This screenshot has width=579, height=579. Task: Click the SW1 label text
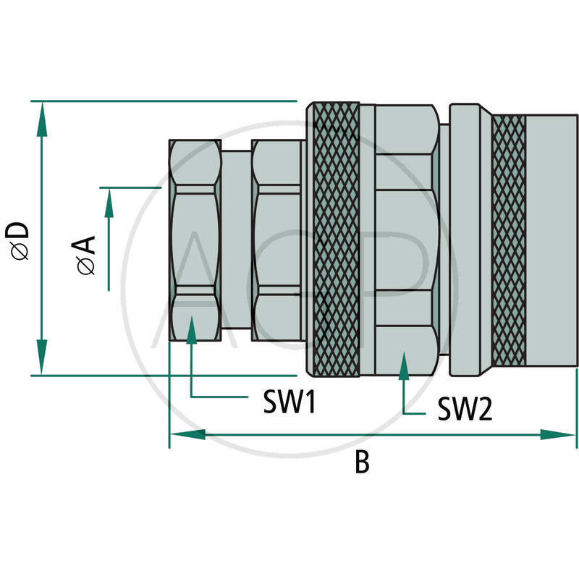coord(289,402)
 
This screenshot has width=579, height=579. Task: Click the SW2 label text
coord(465,409)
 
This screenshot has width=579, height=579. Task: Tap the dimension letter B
coord(362,462)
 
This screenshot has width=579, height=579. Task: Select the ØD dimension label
coord(17,241)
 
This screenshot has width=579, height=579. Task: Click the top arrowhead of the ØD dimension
coord(42,119)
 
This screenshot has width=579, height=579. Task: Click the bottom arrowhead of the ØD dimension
coord(42,357)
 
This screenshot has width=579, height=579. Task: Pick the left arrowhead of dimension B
coord(187,435)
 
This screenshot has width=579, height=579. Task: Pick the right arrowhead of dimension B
coord(557,435)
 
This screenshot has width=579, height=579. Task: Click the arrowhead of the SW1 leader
coord(191,330)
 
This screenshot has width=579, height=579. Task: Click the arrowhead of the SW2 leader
coord(404,365)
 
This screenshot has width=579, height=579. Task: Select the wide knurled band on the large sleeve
coord(336,240)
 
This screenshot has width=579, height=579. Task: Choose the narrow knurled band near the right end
coord(510,241)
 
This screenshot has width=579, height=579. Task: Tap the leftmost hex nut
coord(195,240)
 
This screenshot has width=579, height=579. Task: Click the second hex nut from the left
coord(276,240)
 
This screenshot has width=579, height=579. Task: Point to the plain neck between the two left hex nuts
coord(237,240)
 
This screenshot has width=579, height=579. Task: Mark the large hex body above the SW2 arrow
coord(406,240)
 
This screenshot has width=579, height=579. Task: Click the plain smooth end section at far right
coord(551,241)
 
